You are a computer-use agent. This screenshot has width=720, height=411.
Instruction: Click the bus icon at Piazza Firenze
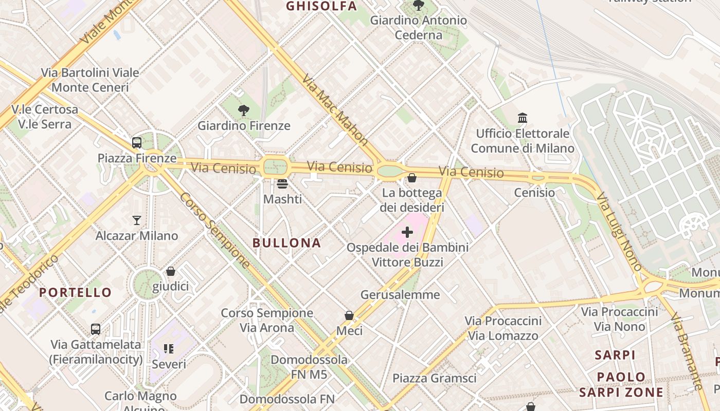137,143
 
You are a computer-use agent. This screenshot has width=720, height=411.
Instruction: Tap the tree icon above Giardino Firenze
244,110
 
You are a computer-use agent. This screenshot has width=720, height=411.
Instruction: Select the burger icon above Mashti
282,183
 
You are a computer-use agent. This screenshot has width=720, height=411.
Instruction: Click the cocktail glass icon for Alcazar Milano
137,220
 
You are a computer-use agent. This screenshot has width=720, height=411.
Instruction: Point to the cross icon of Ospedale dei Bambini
407,232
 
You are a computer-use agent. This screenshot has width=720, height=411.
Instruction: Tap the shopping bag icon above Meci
349,315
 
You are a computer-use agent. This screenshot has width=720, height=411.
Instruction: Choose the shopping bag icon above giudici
171,271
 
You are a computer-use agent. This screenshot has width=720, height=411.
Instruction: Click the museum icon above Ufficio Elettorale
523,118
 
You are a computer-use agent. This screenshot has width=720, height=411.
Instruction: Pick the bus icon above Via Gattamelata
96,329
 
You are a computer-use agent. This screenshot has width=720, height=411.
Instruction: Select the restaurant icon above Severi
169,349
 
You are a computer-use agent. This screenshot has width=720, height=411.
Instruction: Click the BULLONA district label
287,243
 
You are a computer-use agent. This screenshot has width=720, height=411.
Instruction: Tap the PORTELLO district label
76,293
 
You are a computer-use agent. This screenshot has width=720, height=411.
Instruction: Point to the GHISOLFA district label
321,6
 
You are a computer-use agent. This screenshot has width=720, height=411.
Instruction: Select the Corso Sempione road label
215,231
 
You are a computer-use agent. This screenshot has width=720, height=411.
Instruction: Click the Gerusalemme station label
400,295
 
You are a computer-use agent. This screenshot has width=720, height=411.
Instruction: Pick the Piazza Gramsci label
435,379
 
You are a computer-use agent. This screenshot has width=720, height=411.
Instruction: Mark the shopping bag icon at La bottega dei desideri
412,178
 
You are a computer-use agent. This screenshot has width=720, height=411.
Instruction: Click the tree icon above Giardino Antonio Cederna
419,6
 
